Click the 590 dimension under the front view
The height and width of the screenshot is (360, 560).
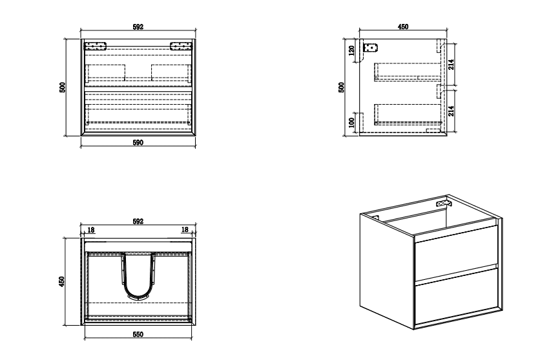[138, 143]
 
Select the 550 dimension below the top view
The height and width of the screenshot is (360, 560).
[138, 335]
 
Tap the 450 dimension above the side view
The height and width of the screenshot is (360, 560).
[403, 26]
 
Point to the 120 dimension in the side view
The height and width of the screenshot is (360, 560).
[352, 51]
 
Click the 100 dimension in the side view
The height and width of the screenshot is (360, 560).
[352, 123]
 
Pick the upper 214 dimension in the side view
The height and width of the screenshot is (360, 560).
[451, 65]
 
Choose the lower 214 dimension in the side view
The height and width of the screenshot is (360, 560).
[451, 111]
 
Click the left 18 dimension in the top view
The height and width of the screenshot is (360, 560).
[91, 230]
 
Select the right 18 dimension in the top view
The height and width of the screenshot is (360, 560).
[185, 229]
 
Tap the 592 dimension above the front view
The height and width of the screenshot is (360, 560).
[138, 26]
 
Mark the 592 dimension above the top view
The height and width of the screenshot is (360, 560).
[138, 222]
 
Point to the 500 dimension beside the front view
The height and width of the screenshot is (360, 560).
[63, 88]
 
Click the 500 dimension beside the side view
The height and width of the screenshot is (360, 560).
[342, 88]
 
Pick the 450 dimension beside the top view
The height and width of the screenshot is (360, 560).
[62, 282]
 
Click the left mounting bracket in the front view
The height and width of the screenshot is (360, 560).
[95, 46]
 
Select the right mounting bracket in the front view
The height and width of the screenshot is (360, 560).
[181, 46]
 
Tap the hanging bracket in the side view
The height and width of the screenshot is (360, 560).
[370, 47]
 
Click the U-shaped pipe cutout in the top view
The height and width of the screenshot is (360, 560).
[138, 276]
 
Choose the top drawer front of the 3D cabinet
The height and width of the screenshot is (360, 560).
[457, 253]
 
